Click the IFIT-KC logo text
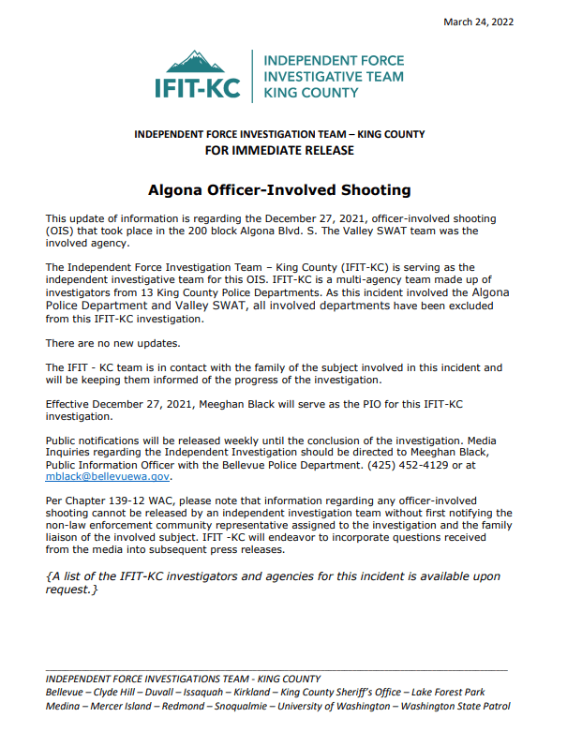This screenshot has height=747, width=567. pyautogui.click(x=198, y=90)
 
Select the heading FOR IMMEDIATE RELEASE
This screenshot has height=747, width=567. pyautogui.click(x=279, y=150)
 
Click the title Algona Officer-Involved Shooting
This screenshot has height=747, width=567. pyautogui.click(x=279, y=189)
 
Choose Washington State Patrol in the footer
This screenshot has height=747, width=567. pyautogui.click(x=455, y=706)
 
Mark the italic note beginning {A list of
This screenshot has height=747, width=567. pyautogui.click(x=273, y=583)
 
